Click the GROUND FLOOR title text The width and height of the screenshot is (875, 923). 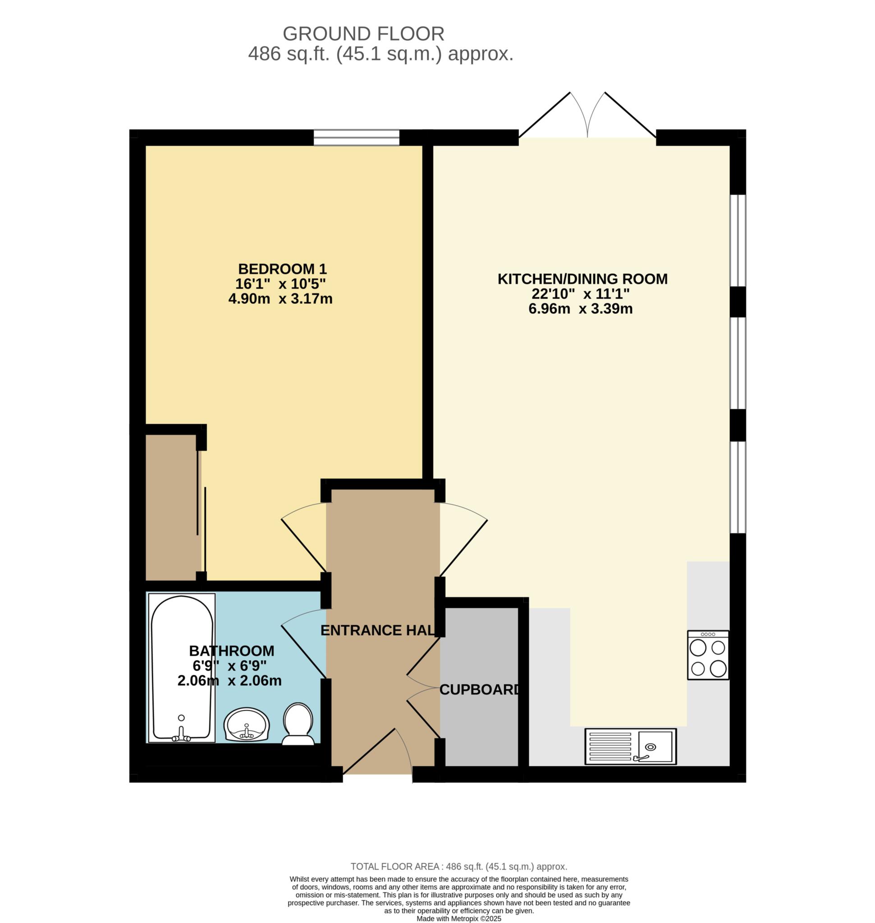pos(363,34)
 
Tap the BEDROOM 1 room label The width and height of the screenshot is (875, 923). pos(282,269)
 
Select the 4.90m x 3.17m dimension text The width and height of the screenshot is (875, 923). pos(280,298)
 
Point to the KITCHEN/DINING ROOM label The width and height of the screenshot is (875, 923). pos(582,279)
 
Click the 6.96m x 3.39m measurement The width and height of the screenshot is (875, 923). pos(580,309)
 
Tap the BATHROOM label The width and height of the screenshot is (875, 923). pos(231,651)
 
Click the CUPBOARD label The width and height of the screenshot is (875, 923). pos(480,690)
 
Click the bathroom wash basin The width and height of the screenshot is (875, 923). pos(247,724)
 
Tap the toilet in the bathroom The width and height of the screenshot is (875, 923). pos(298,724)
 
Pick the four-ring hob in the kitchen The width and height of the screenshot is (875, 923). pos(708,655)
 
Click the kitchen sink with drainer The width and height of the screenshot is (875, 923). pos(631,746)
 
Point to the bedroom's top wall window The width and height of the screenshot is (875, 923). pos(356,137)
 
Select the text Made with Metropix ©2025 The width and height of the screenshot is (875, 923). pos(459,918)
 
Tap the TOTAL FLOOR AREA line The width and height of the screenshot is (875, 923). pos(459,867)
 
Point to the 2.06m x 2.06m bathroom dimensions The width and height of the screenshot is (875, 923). pos(229,681)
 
